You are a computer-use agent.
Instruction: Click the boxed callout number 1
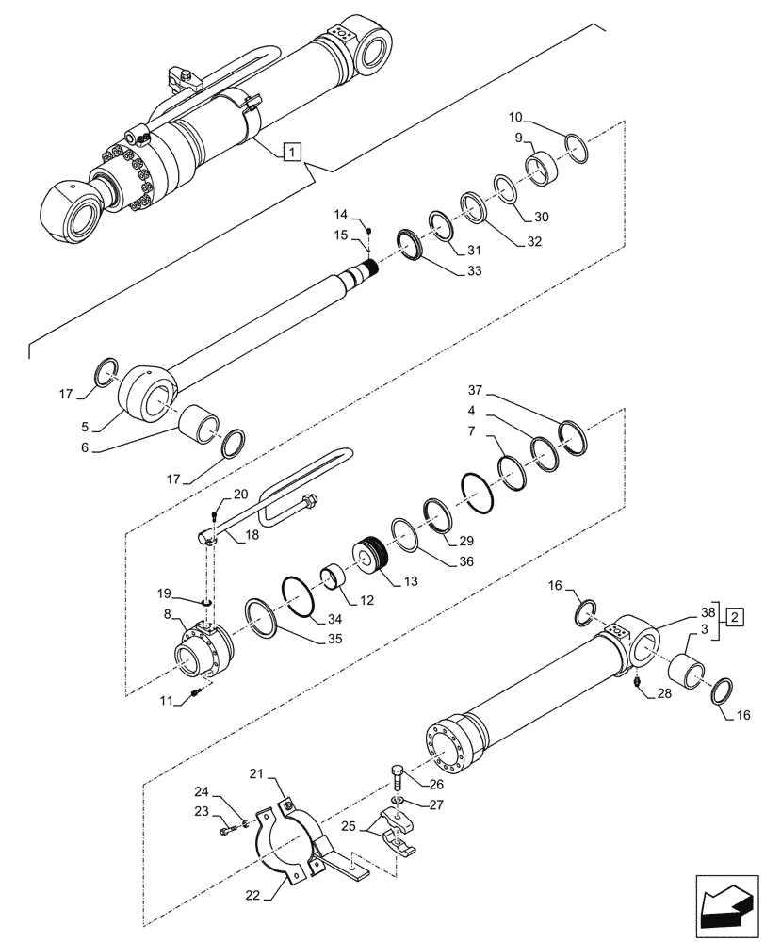pyautogui.click(x=293, y=151)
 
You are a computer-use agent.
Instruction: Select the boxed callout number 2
pyautogui.click(x=735, y=618)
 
